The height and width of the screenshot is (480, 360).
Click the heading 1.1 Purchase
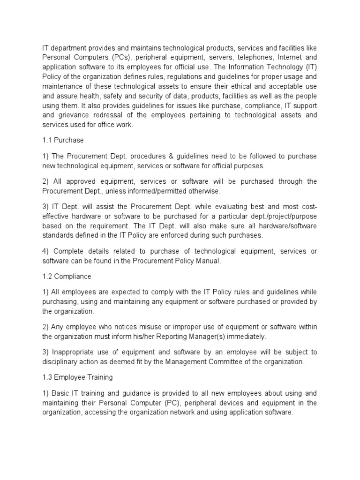coord(62,140)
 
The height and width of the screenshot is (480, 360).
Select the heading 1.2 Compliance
coord(67,277)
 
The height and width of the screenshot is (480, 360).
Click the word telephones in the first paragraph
coord(253,57)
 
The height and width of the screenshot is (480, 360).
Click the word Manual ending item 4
coord(206,261)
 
